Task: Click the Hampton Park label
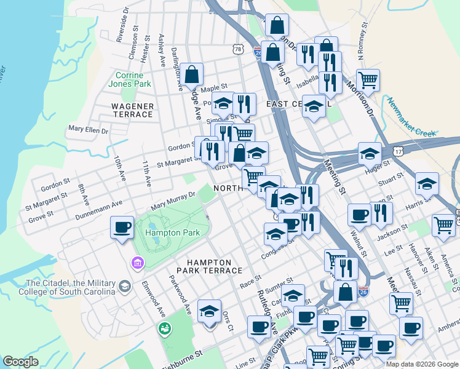172,233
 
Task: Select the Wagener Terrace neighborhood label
132,110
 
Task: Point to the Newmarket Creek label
411,117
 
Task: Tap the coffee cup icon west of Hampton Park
122,227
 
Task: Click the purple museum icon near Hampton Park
137,264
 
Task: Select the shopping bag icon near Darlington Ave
192,74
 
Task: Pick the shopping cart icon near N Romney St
368,79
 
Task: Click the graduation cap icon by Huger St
370,153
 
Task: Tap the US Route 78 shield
239,49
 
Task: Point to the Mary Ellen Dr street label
88,130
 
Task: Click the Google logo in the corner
21,362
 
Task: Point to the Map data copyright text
422,363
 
